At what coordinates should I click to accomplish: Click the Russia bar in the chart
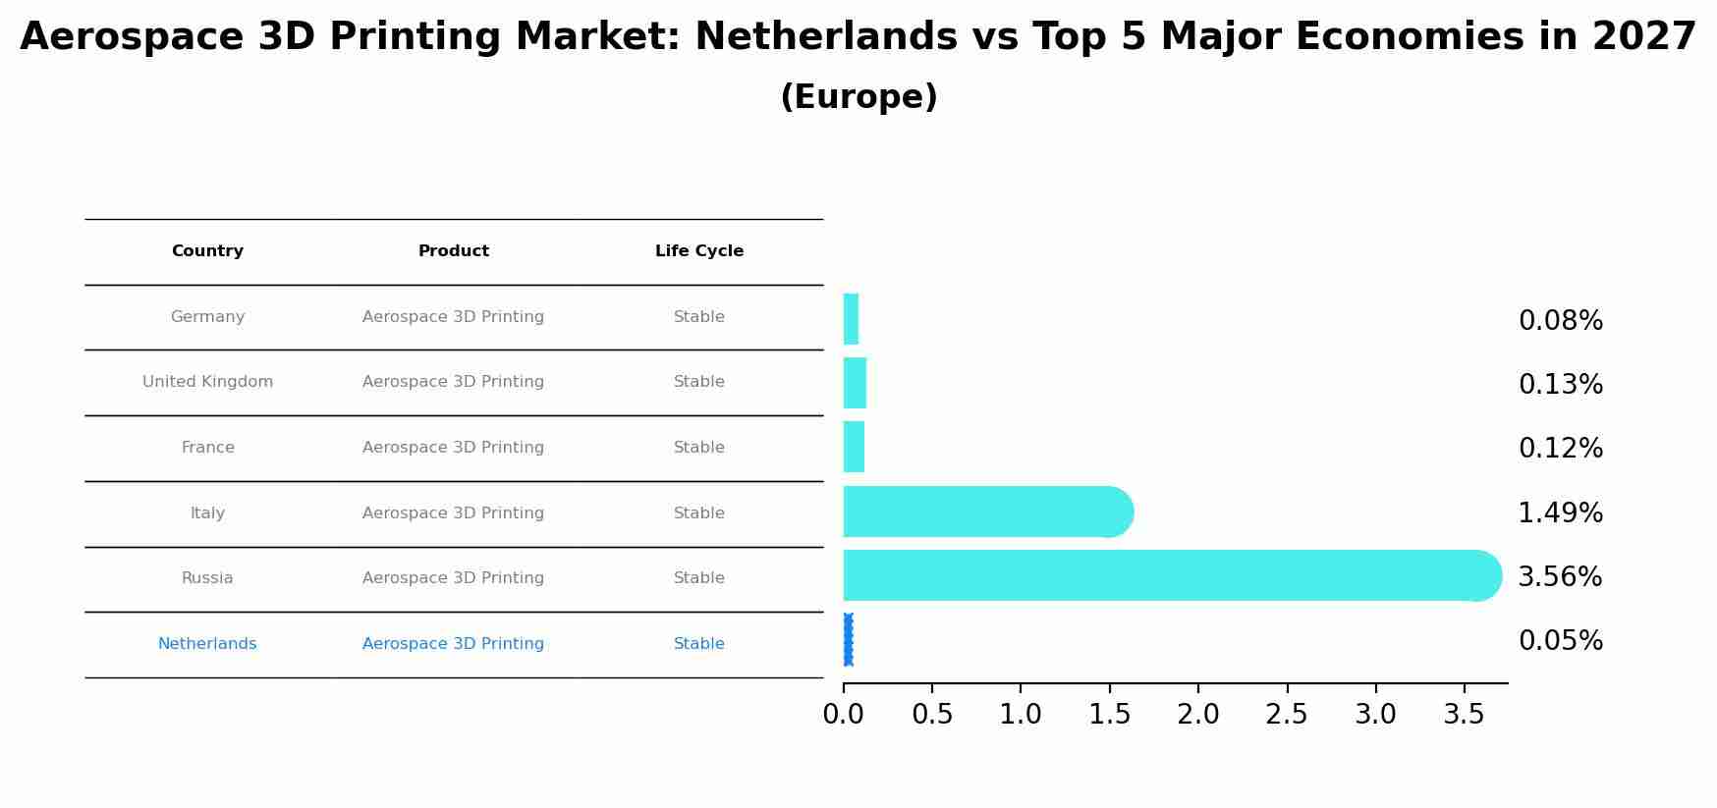(x=1169, y=575)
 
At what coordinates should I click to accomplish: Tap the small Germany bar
(x=851, y=319)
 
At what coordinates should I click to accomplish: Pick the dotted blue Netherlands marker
(x=848, y=640)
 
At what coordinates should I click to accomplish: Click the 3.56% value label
(x=1560, y=577)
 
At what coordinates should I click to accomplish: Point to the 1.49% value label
(x=1560, y=513)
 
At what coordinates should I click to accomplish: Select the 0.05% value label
(x=1560, y=641)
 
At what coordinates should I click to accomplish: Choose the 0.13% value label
(x=1560, y=385)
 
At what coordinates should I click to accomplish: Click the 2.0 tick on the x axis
(x=1198, y=715)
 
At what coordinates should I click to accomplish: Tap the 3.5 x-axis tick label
(x=1464, y=715)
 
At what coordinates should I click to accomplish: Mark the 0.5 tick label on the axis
(x=932, y=715)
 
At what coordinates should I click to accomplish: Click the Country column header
(x=207, y=251)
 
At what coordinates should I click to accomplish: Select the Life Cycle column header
(x=699, y=251)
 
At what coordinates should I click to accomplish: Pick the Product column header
(x=454, y=251)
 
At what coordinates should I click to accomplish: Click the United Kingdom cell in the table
(x=207, y=382)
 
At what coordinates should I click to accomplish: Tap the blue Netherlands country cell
(x=207, y=644)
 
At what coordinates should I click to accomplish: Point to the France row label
(x=207, y=448)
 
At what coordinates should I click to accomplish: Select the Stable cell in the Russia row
(x=699, y=578)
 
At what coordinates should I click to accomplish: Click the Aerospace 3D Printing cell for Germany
(x=454, y=317)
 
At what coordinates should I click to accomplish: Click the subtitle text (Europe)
(x=858, y=97)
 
